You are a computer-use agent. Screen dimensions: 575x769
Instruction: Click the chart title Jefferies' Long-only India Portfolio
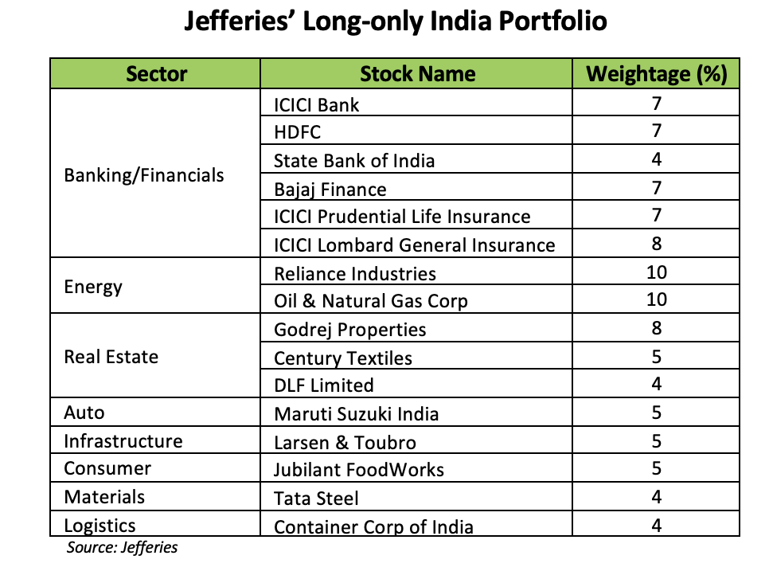click(396, 22)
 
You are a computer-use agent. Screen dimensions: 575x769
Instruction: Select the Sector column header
click(156, 74)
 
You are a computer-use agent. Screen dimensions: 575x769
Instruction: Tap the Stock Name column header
click(417, 74)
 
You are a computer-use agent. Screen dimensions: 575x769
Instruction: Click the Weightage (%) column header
click(656, 74)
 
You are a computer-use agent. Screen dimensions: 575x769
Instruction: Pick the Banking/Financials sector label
click(144, 175)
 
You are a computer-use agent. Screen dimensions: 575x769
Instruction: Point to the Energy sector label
click(93, 286)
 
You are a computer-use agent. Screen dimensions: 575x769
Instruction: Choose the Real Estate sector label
click(111, 356)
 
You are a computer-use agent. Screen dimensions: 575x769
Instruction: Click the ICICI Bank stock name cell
click(316, 104)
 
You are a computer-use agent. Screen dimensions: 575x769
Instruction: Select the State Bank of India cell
click(354, 161)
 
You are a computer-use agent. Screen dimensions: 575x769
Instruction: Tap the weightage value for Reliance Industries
click(656, 272)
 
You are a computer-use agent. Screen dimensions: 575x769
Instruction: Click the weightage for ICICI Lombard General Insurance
click(656, 244)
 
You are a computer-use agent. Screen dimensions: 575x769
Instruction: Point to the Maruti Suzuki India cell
click(356, 414)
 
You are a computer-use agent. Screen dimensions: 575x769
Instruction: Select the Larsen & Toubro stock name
click(345, 442)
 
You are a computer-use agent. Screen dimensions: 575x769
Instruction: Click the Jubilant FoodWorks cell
click(358, 470)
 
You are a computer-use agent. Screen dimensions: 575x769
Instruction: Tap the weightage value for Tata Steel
click(656, 497)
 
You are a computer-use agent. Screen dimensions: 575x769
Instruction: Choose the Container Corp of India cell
click(373, 526)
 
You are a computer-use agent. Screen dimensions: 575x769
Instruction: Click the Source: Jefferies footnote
click(122, 547)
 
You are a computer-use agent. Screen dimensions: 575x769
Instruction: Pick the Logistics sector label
click(100, 526)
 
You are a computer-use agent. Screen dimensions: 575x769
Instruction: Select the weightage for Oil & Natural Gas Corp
click(656, 300)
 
